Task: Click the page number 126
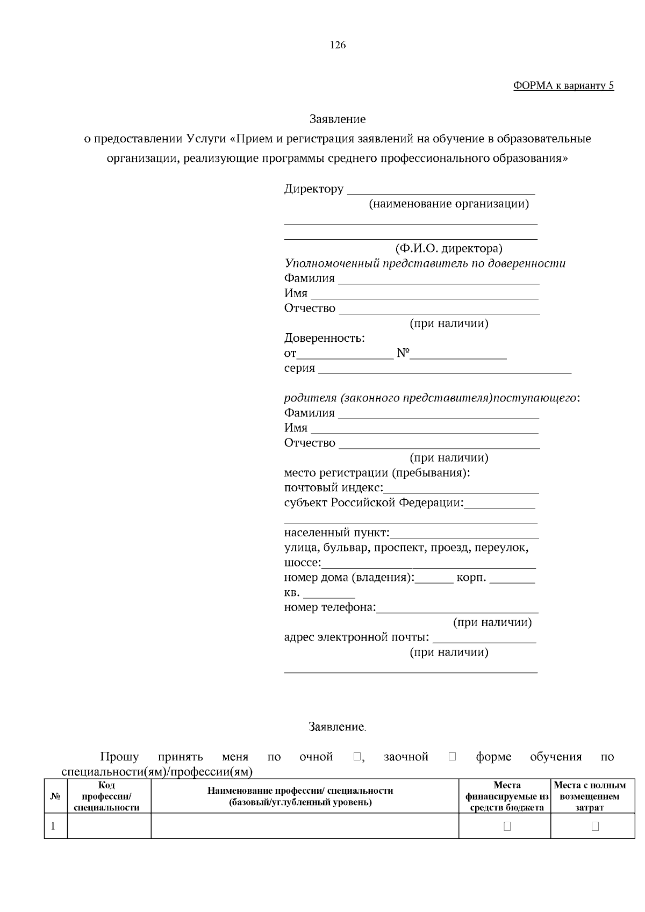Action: [338, 45]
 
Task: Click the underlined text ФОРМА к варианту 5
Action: [563, 86]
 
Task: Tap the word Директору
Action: [313, 189]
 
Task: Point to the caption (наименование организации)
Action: [448, 204]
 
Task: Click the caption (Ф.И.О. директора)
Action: [448, 249]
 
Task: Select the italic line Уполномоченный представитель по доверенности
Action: [425, 264]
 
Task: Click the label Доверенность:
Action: [324, 339]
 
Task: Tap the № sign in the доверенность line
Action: [403, 354]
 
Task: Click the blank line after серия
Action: [445, 370]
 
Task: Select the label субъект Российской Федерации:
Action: [374, 503]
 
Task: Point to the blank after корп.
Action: [512, 579]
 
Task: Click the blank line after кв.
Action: [329, 594]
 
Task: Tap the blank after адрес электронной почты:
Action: [484, 640]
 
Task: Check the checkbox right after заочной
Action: [451, 757]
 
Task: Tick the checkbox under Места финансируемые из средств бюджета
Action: [507, 826]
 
